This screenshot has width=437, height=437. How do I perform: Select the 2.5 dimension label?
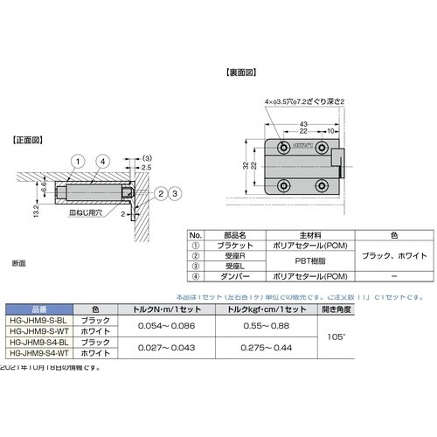click(146, 166)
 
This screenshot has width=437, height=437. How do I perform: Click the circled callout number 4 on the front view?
click(102, 161)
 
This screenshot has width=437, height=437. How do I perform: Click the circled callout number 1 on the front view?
click(78, 161)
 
